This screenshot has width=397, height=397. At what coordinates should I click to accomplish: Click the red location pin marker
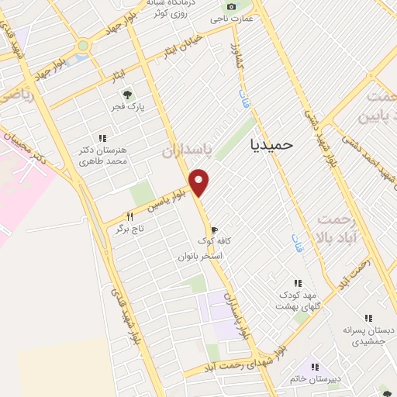(x=200, y=181)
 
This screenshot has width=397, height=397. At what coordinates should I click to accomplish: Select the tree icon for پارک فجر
(x=126, y=93)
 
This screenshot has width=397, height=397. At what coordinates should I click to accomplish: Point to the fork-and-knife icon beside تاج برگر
(x=129, y=216)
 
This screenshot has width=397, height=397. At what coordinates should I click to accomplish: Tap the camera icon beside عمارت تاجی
(x=230, y=6)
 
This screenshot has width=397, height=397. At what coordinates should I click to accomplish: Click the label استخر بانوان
(x=201, y=256)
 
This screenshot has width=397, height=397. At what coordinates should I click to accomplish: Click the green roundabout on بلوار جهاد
(x=82, y=46)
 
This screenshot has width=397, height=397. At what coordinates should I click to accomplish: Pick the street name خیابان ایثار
(x=181, y=47)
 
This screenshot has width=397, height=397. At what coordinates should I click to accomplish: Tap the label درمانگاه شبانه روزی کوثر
(x=172, y=7)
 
